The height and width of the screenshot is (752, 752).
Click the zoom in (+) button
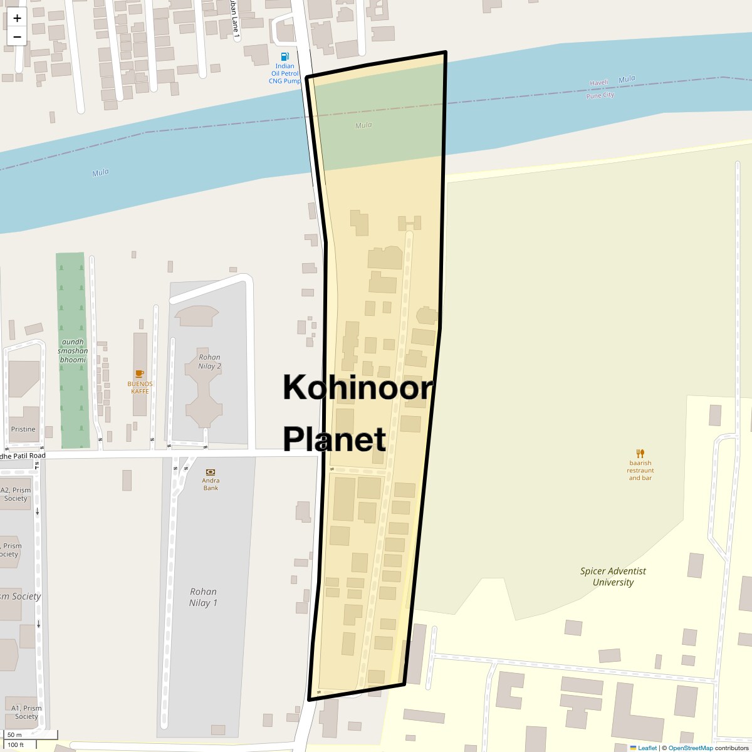(x=17, y=18)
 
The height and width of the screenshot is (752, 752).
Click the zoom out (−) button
(x=17, y=36)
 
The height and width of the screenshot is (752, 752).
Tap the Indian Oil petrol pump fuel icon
(x=285, y=56)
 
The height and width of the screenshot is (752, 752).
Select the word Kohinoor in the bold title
(x=357, y=388)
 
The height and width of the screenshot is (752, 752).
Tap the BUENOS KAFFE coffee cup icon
(x=140, y=374)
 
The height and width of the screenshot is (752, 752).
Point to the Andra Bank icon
(x=211, y=472)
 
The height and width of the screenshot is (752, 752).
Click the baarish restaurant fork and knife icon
(x=640, y=453)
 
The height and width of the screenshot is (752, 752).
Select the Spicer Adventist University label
(x=613, y=577)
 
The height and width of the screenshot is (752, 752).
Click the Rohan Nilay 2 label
(x=209, y=362)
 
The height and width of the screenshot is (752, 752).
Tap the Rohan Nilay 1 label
(x=203, y=597)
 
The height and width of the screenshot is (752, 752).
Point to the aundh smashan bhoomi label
(x=73, y=351)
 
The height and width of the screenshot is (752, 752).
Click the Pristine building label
(x=23, y=429)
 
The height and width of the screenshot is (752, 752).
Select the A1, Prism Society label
(x=26, y=712)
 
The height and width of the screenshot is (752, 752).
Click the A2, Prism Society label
(x=16, y=494)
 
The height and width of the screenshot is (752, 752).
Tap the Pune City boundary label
(x=600, y=95)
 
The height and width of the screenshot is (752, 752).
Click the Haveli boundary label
(x=600, y=83)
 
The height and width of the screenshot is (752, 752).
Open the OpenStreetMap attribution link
(x=690, y=748)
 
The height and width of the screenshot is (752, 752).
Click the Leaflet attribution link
(x=647, y=748)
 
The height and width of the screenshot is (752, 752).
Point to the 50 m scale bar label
(x=15, y=735)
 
